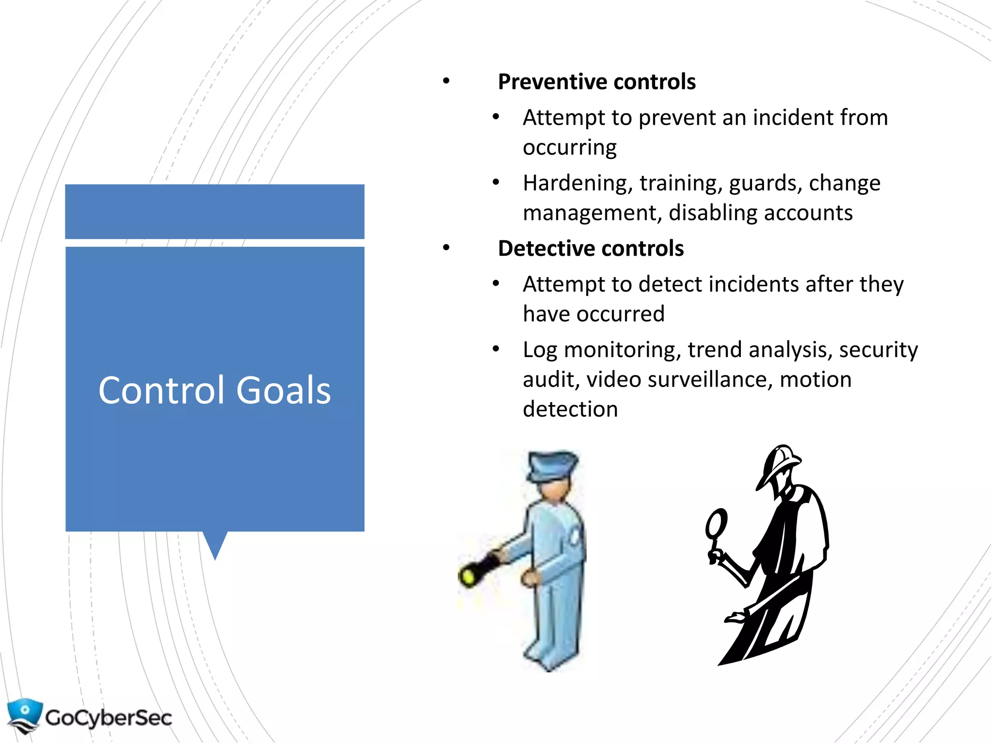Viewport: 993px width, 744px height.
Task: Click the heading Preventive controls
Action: tap(596, 81)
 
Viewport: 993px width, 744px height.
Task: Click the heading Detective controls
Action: tap(591, 248)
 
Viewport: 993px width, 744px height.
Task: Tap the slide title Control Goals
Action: tap(214, 390)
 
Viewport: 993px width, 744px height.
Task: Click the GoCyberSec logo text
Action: tap(109, 717)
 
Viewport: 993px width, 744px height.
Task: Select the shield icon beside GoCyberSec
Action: tap(24, 714)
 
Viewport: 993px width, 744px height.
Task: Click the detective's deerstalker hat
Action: tap(778, 463)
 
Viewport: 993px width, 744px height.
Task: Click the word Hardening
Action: tap(577, 183)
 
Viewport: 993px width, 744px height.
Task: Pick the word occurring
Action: tap(570, 147)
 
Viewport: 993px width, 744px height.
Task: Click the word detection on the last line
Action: tap(570, 409)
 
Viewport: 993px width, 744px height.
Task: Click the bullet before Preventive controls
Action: tap(446, 81)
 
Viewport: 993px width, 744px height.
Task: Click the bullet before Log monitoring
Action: tap(496, 349)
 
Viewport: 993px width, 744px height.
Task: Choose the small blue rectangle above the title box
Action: tap(214, 211)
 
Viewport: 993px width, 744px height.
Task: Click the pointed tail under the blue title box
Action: tap(215, 545)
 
